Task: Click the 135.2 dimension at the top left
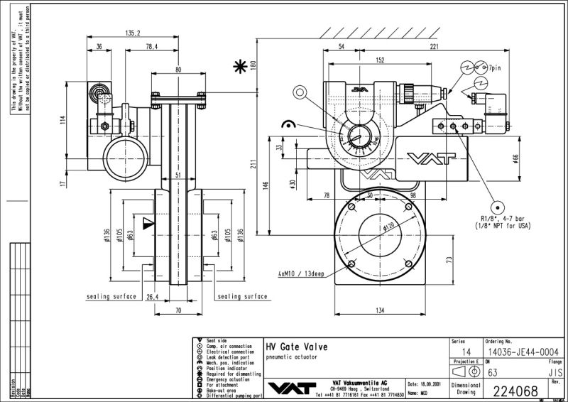pyautogui.click(x=132, y=33)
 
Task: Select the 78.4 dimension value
pyautogui.click(x=151, y=46)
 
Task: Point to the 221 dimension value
pyautogui.click(x=433, y=46)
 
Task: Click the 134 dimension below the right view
pyautogui.click(x=381, y=310)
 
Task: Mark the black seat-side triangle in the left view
pyautogui.click(x=148, y=224)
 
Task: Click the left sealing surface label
pyautogui.click(x=111, y=296)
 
